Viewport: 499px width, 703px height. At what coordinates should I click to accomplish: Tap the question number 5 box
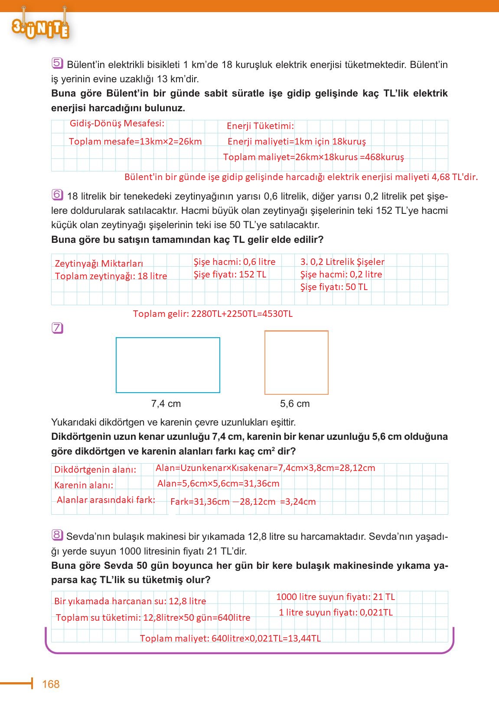click(57, 63)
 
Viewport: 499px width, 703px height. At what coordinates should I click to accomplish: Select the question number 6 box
click(57, 195)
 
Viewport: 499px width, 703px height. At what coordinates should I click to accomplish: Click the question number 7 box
click(57, 328)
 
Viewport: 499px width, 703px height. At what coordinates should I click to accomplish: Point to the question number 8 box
click(57, 535)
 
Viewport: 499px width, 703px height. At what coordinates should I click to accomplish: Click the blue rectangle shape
click(168, 365)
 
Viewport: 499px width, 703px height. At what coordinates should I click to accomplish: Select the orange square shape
click(296, 362)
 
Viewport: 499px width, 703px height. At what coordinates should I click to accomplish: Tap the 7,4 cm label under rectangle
click(166, 404)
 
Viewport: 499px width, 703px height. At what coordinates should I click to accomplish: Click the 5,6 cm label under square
click(295, 404)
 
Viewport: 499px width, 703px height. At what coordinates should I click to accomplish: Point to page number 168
click(51, 684)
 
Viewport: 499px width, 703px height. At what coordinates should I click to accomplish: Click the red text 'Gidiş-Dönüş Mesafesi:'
click(117, 123)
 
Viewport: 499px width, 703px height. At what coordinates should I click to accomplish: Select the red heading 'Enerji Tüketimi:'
click(260, 126)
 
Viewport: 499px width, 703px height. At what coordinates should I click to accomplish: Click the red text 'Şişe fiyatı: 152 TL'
click(230, 274)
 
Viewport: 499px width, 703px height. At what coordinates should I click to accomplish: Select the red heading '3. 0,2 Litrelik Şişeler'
click(342, 262)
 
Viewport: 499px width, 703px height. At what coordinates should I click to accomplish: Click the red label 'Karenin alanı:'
click(84, 485)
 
